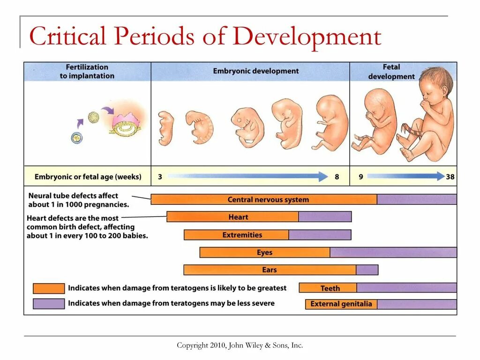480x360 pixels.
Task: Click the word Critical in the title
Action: point(67,37)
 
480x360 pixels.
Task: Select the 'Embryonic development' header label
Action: point(255,71)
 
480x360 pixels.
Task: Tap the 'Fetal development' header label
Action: point(391,72)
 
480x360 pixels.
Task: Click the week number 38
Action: point(450,177)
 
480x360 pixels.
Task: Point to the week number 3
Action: point(160,177)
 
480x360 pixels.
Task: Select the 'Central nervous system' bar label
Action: point(268,200)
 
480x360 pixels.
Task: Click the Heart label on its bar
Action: point(238,217)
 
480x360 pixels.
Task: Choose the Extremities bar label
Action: point(242,235)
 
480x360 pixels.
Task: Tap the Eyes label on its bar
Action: point(264,253)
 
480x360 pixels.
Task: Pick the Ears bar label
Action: point(270,270)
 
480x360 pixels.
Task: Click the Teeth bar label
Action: point(330,288)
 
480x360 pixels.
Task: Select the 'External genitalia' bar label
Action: point(341,304)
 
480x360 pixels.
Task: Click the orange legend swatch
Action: point(49,288)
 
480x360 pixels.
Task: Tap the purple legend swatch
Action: point(49,304)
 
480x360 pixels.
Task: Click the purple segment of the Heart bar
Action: point(324,217)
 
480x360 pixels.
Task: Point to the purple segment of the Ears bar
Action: point(367,270)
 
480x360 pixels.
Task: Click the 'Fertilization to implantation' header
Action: point(87,71)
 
